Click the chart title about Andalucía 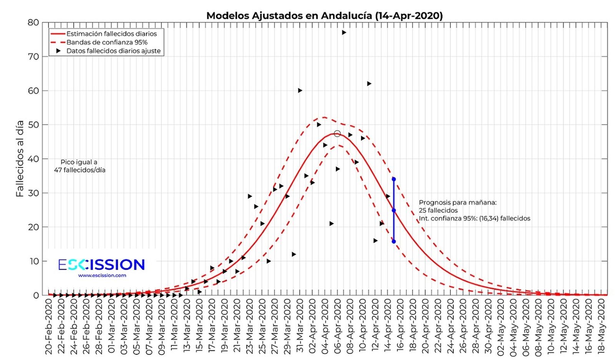(324, 16)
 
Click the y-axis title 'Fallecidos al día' (20, 158)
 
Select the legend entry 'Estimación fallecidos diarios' (111, 34)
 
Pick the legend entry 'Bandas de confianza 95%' (107, 42)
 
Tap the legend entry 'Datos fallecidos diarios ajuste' (113, 51)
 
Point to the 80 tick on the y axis (33, 22)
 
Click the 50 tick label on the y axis (33, 125)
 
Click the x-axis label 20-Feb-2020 (49, 326)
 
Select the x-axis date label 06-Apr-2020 (338, 326)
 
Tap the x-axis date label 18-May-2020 (602, 326)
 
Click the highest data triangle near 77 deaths (344, 33)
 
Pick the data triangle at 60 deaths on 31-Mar (300, 91)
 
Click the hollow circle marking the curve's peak (337, 134)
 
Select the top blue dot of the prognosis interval (394, 179)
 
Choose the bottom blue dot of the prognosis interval (394, 242)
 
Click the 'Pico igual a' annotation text (79, 162)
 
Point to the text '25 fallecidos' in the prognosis (438, 210)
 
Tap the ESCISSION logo (101, 265)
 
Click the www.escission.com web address (102, 275)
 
